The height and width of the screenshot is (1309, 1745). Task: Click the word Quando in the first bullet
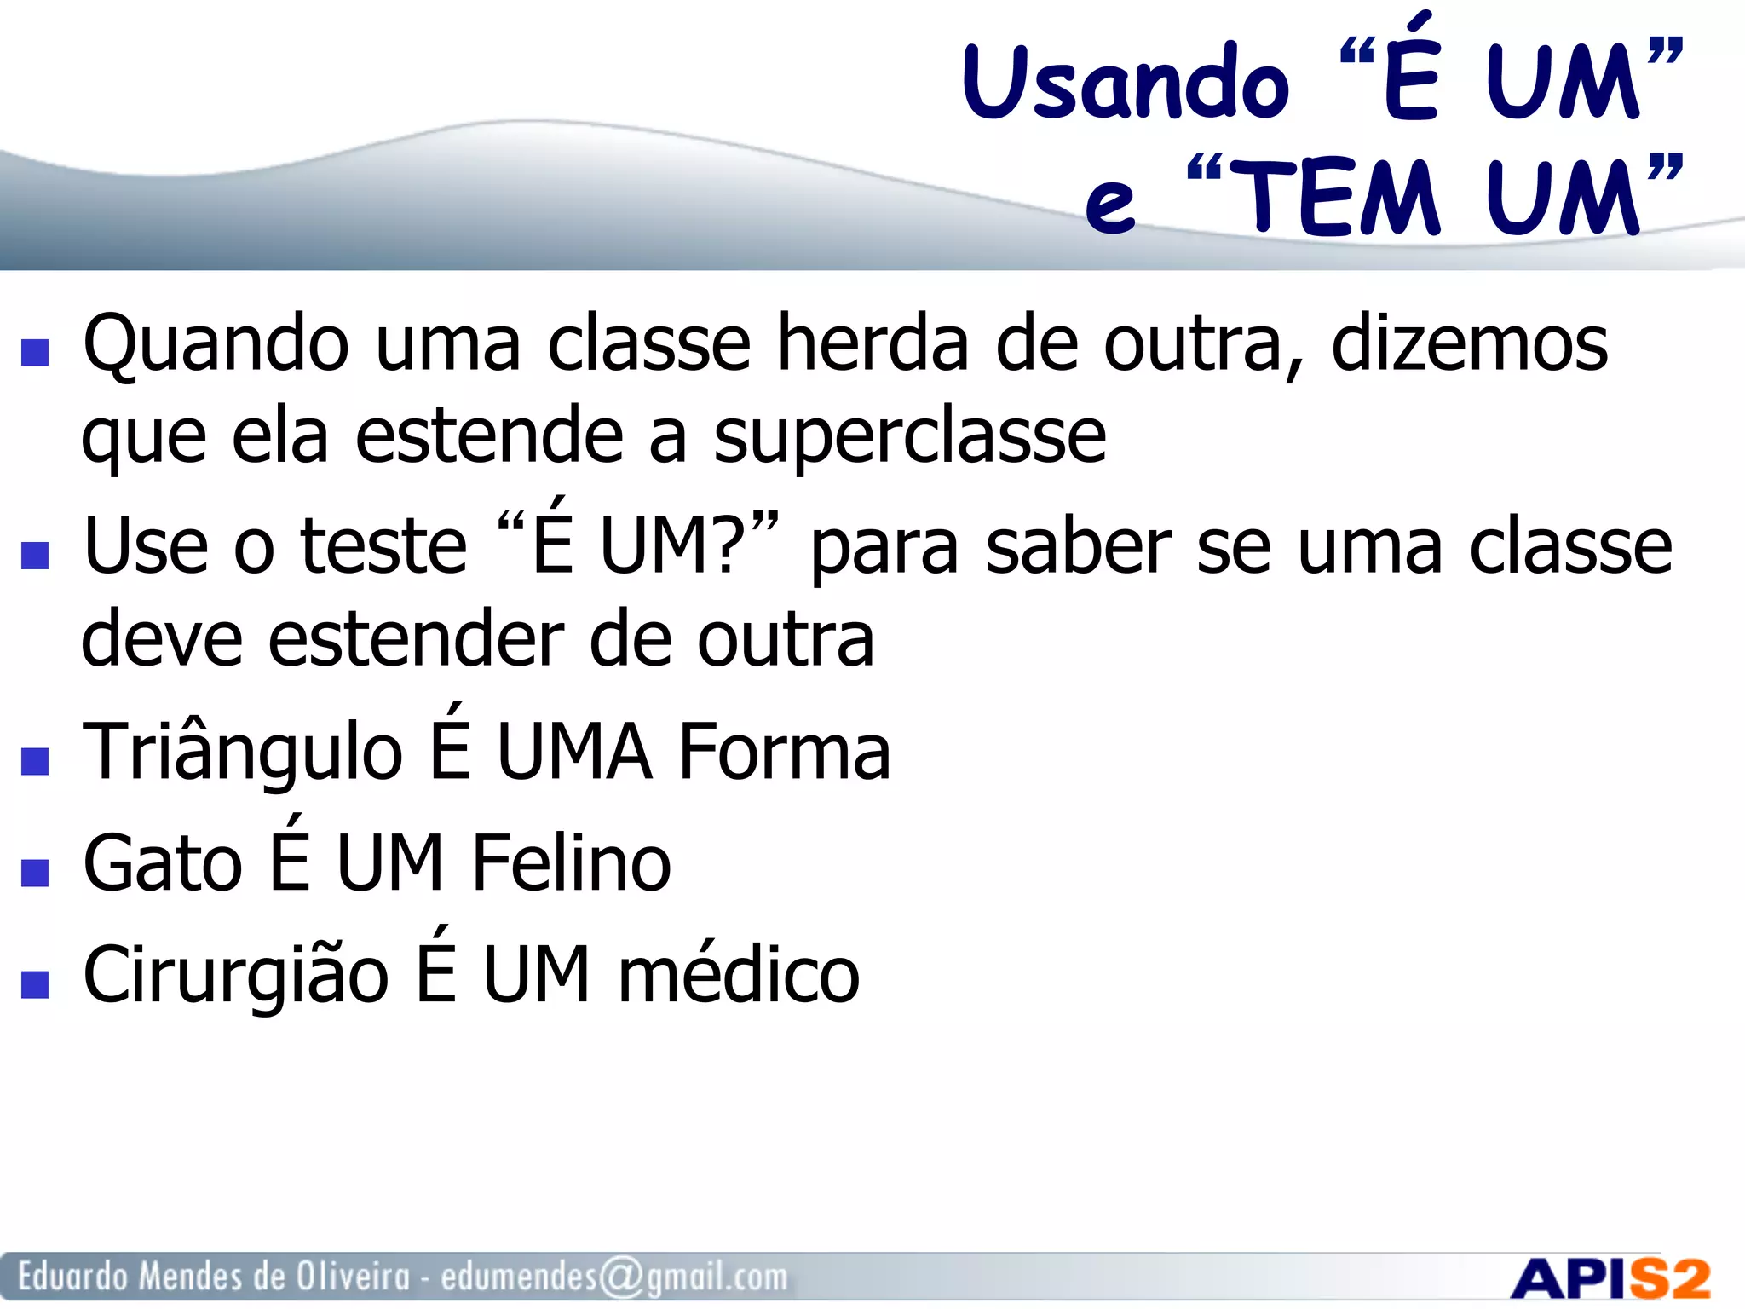216,345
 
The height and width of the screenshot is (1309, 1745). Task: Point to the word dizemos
1470,343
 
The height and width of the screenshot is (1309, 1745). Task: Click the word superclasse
910,436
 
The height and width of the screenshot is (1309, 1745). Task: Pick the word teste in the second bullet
384,547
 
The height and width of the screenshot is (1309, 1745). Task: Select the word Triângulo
242,752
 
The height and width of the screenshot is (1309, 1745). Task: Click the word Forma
784,752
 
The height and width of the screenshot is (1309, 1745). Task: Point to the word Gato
163,864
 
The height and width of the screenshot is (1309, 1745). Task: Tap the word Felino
571,864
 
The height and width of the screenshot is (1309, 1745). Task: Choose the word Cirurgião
236,976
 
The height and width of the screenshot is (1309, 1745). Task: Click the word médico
739,976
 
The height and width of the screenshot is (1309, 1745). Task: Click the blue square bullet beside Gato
35,873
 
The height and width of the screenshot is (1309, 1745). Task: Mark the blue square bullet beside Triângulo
35,760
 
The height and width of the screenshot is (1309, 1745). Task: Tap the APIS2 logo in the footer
1610,1278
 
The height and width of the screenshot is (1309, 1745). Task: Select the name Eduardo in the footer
73,1277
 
